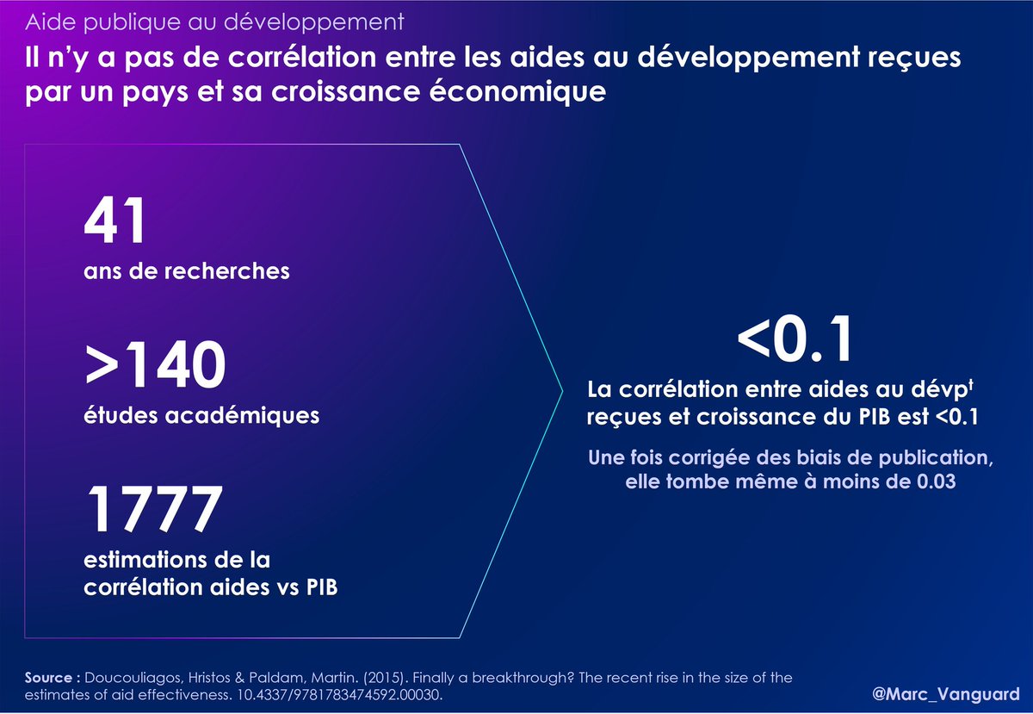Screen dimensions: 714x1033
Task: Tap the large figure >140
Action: [156, 365]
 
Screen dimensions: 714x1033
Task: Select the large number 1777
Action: [154, 509]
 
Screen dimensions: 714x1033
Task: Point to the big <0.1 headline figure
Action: [795, 339]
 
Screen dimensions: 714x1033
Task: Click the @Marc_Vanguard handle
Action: [945, 693]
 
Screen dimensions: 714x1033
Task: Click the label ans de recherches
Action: [187, 271]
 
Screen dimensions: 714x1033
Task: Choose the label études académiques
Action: [201, 415]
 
